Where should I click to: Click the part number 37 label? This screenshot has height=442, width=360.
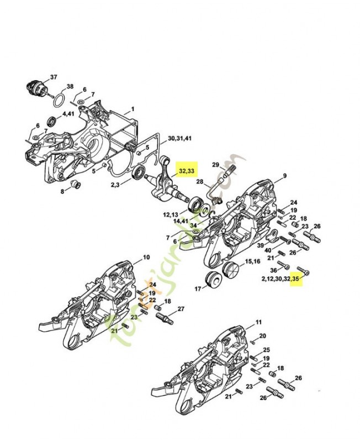(x=54, y=76)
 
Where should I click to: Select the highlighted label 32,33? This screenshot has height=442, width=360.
(x=186, y=171)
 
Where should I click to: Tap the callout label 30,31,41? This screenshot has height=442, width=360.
(x=179, y=138)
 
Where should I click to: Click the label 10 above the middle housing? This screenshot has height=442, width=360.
(x=146, y=257)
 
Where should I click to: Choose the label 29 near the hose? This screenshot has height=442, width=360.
(x=215, y=164)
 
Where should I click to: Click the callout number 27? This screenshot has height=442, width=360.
(x=181, y=308)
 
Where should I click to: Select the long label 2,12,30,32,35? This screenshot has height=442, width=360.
(x=281, y=280)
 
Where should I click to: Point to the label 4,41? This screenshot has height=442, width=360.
(x=68, y=114)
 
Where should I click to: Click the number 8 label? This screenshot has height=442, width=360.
(x=62, y=191)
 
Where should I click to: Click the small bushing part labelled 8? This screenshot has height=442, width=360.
(x=77, y=183)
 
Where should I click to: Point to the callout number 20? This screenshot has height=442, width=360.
(x=263, y=336)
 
